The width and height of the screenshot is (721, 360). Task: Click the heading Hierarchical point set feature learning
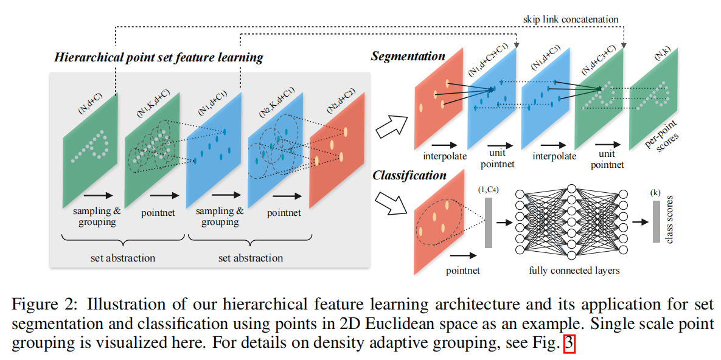tap(159, 58)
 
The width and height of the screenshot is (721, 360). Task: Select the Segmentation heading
tap(408, 57)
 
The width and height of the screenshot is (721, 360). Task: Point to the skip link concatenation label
tap(571, 19)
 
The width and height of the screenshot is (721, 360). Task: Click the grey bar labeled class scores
tap(656, 221)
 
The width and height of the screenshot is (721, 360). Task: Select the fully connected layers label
tap(574, 271)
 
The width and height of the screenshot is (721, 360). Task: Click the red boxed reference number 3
tap(569, 344)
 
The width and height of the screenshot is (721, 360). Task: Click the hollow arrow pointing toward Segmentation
tap(391, 126)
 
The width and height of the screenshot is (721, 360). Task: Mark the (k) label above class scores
tap(656, 193)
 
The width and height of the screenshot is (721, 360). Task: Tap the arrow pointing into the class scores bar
tap(641, 222)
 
